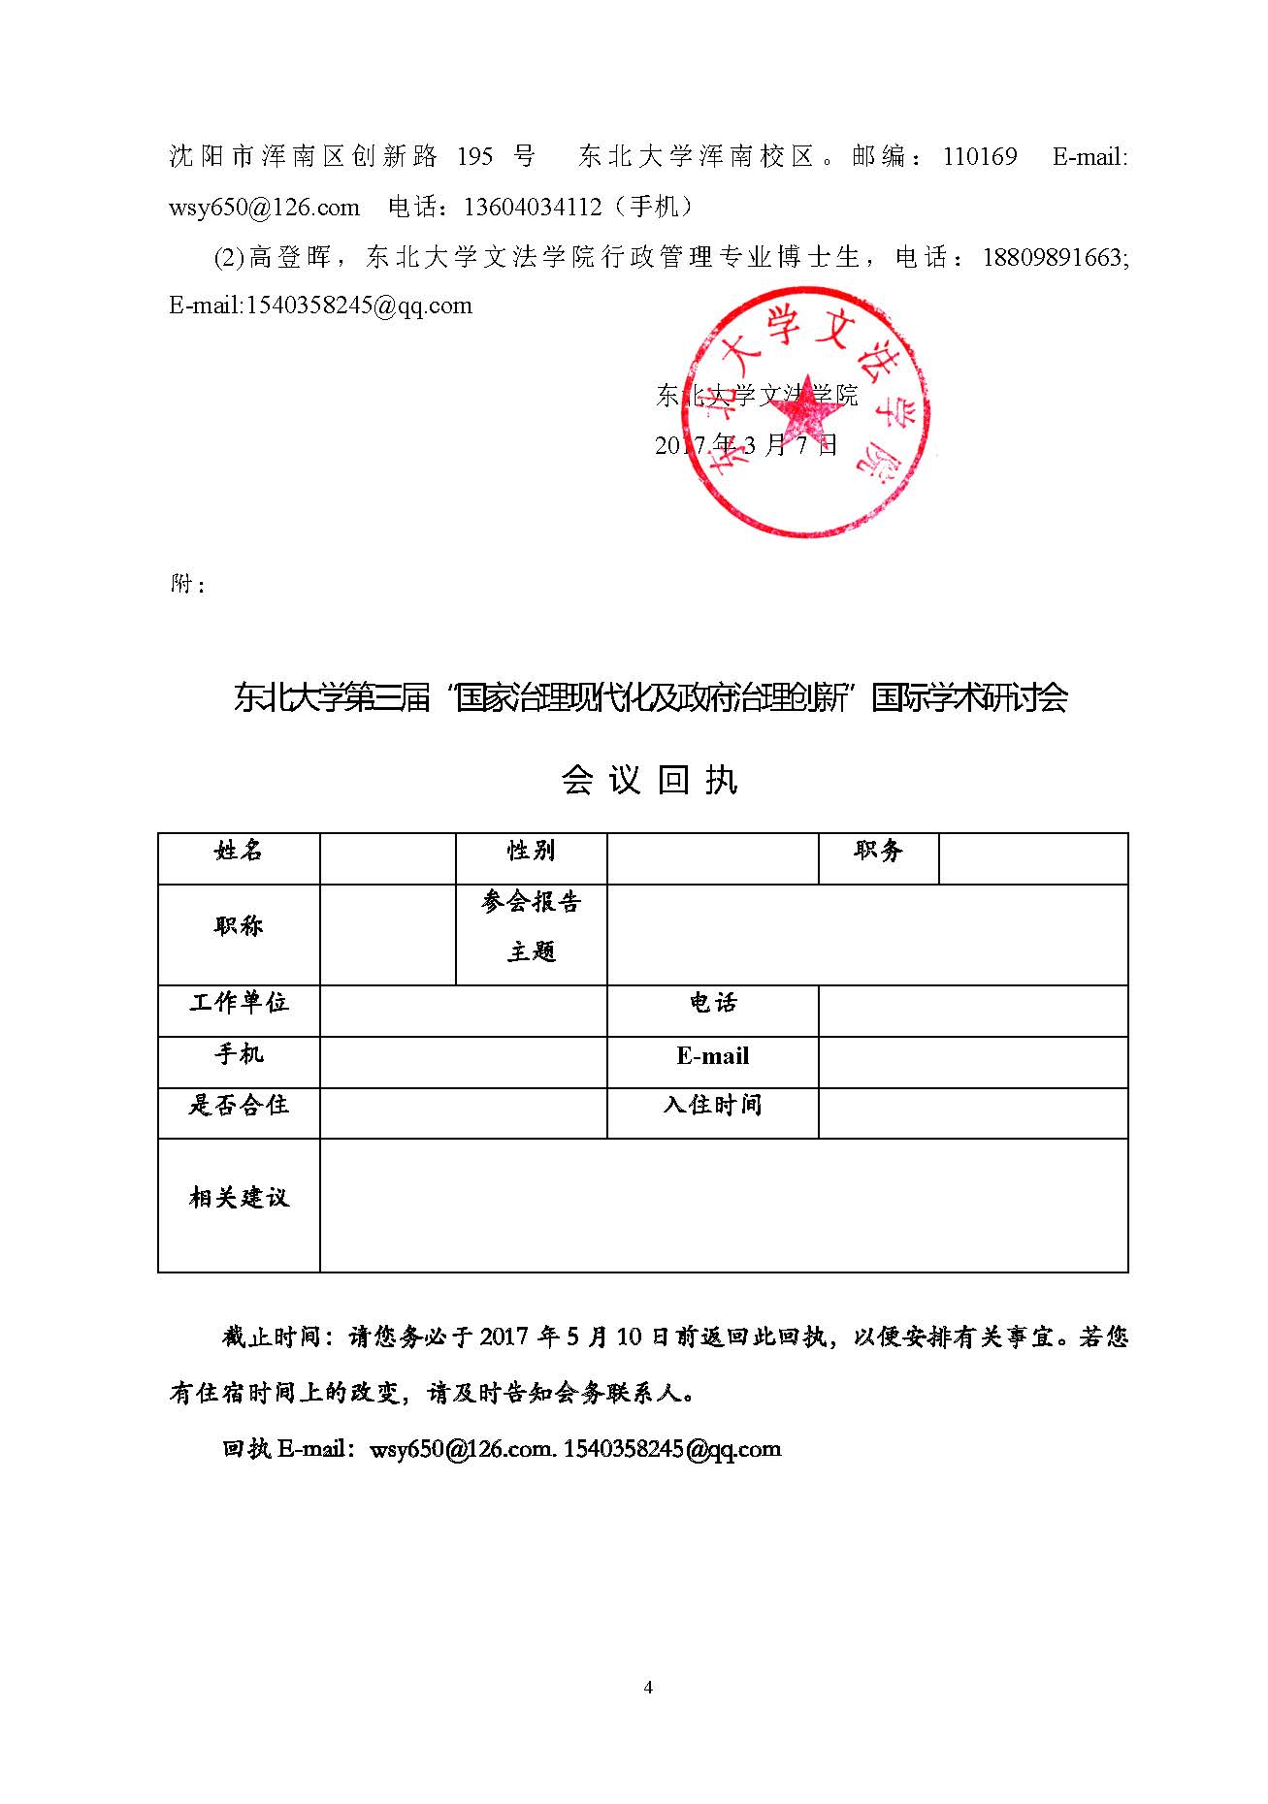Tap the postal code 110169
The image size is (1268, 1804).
click(980, 156)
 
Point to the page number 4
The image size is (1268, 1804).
click(648, 1687)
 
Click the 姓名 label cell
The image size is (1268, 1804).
click(239, 858)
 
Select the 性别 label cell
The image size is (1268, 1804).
click(532, 858)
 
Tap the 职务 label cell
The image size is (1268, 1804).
click(878, 858)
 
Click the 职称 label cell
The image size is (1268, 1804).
click(239, 934)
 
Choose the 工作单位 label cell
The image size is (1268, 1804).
click(239, 1011)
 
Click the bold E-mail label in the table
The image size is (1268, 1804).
click(713, 1062)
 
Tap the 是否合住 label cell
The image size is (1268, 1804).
click(239, 1112)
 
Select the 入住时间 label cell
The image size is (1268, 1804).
click(713, 1112)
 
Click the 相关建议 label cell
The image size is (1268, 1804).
click(239, 1205)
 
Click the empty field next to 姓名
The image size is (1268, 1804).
click(388, 858)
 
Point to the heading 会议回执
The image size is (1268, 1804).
click(649, 780)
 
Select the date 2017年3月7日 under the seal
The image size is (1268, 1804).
click(746, 445)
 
